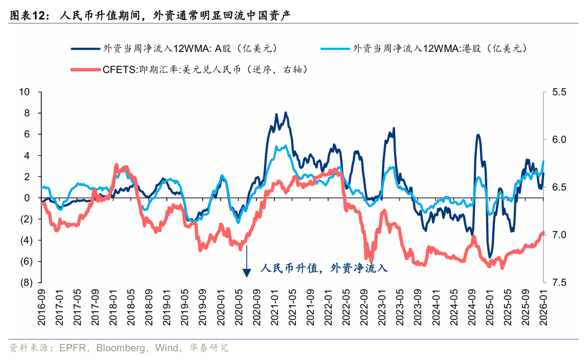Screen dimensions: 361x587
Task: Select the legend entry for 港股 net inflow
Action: [x=439, y=48]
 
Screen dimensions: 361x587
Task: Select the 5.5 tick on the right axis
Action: [x=559, y=92]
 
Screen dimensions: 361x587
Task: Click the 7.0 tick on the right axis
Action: [x=559, y=235]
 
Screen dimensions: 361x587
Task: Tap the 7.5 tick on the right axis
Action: [x=559, y=283]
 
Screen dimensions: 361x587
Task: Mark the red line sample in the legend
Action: [x=84, y=69]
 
